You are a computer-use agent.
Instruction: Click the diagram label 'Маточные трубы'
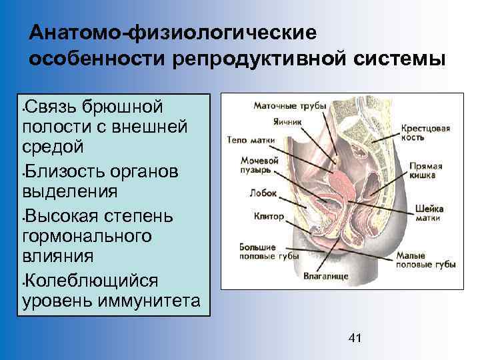[x=289, y=105]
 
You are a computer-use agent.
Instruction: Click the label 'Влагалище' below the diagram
[x=323, y=274]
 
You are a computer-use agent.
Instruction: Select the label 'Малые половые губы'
[x=425, y=259]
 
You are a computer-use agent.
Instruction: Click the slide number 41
[x=355, y=339]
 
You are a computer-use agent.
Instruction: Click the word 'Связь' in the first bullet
[x=53, y=107]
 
